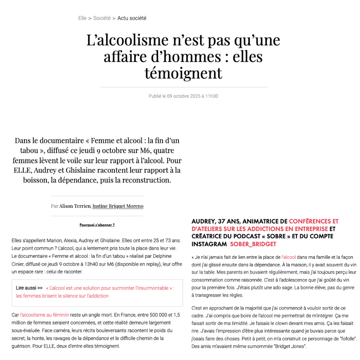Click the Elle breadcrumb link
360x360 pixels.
point(82,18)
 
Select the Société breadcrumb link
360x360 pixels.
point(102,18)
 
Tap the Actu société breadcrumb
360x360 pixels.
point(132,18)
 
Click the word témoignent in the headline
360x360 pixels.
point(183,73)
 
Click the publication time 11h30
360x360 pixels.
point(212,96)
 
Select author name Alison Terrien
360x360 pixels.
point(75,206)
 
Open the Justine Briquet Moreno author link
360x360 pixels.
point(118,206)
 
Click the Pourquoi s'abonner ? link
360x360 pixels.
point(97,225)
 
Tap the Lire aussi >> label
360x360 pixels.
point(29,288)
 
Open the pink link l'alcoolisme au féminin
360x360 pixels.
point(45,315)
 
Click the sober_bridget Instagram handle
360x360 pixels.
point(253,244)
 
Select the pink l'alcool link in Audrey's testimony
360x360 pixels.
point(289,257)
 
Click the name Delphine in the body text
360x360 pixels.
point(162,256)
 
